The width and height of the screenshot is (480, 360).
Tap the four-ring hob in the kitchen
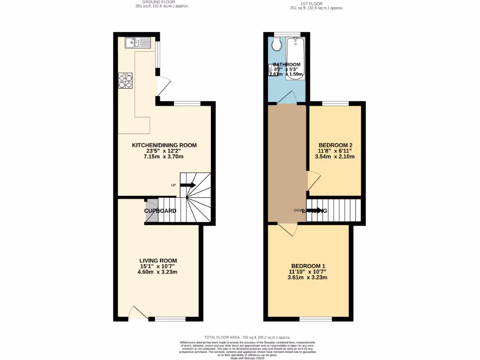coord(126,82)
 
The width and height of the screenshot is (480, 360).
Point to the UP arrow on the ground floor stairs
coord(187,185)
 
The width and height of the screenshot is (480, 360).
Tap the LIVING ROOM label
coord(158,261)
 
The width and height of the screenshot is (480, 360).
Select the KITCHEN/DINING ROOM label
coord(164,145)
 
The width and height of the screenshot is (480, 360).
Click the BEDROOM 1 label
coord(307,265)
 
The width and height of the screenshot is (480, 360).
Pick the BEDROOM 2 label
coord(335,145)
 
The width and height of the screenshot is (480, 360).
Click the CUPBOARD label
coord(160,211)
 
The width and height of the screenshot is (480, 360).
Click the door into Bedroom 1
coord(287,229)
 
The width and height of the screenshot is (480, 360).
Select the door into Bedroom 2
coord(313,181)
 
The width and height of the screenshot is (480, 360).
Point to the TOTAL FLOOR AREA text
coord(247,337)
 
